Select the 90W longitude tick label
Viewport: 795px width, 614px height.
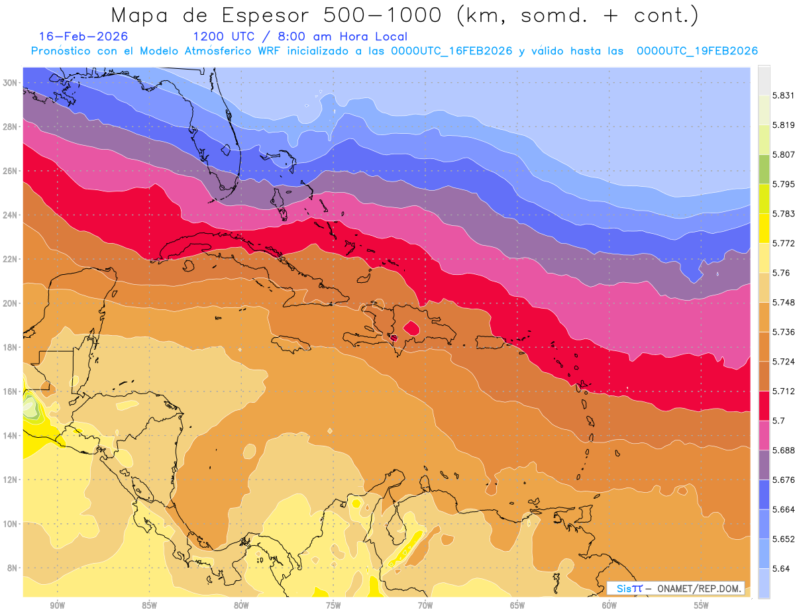57,605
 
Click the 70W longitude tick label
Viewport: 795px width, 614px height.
425,605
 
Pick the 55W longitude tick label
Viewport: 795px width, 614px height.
701,605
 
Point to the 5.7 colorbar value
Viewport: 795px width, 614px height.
777,421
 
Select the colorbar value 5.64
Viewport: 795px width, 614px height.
780,568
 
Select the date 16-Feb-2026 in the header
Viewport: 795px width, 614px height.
83,36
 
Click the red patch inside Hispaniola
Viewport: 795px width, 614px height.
411,328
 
